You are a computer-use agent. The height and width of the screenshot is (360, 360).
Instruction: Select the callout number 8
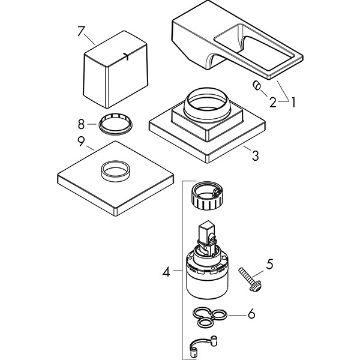point(82,125)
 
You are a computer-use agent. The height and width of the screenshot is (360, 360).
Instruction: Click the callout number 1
point(293,102)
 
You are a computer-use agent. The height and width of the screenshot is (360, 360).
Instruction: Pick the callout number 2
point(272,102)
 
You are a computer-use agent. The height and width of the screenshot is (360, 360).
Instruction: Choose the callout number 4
point(166,272)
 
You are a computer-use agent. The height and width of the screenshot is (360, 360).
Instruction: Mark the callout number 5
point(270,263)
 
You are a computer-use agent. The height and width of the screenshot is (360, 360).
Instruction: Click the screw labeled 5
point(248,280)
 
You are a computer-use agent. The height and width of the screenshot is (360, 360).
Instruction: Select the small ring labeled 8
point(113,124)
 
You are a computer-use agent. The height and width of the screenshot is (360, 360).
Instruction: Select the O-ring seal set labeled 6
point(210,316)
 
